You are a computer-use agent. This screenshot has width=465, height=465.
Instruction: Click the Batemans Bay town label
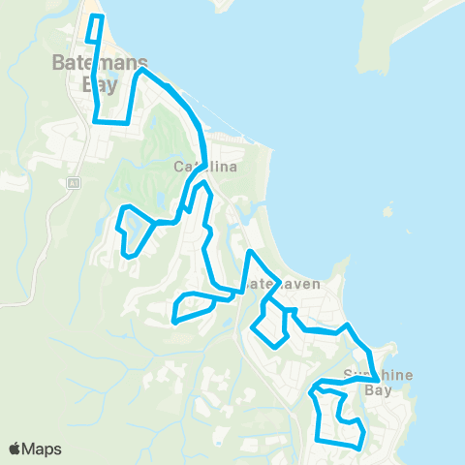click(x=94, y=73)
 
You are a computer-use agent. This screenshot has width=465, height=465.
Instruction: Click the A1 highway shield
click(x=73, y=181)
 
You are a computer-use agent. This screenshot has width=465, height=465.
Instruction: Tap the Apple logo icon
click(x=15, y=449)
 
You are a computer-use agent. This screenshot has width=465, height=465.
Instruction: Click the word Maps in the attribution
click(x=43, y=449)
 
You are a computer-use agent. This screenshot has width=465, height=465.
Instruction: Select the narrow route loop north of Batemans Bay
click(x=94, y=29)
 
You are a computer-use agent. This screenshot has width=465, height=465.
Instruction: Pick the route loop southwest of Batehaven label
click(x=194, y=308)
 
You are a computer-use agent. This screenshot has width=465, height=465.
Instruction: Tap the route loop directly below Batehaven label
click(x=270, y=325)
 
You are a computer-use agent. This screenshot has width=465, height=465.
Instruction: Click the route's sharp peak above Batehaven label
click(x=250, y=253)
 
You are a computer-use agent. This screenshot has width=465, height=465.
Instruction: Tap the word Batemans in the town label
click(x=94, y=64)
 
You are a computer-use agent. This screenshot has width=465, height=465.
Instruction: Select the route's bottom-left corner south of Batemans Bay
click(x=97, y=121)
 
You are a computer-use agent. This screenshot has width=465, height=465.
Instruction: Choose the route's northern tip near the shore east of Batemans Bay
click(x=142, y=70)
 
